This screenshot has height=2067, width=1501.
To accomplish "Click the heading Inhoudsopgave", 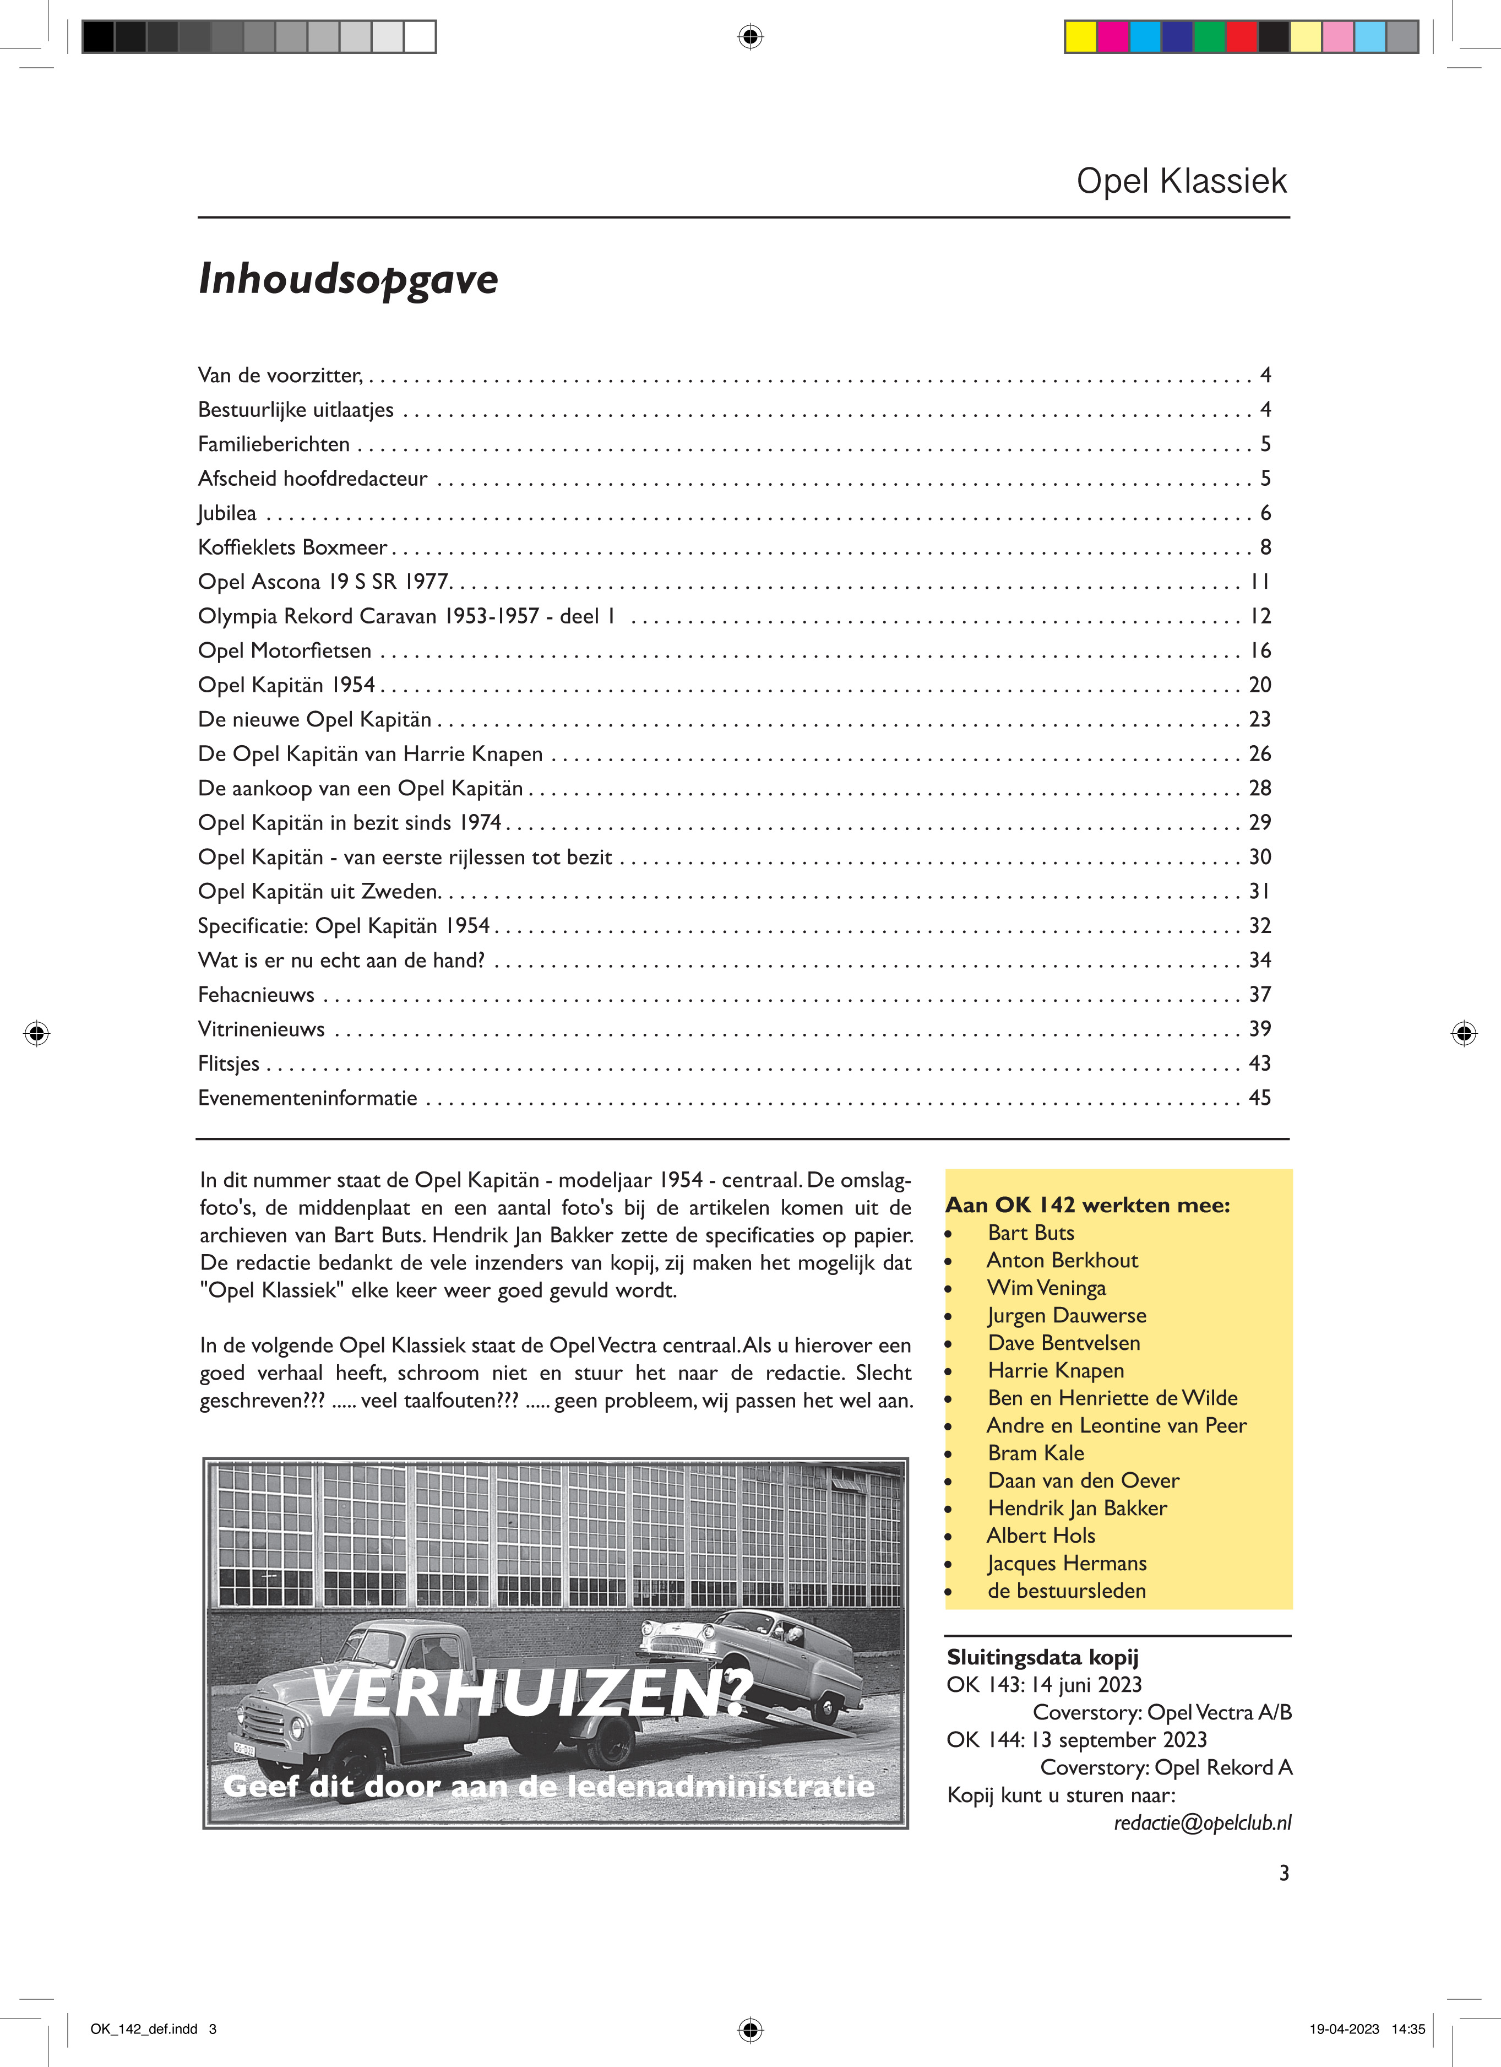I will coord(348,279).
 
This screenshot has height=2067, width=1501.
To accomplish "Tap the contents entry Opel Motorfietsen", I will coord(284,651).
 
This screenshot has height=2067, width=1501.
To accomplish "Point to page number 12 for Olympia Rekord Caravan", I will coord(1259,616).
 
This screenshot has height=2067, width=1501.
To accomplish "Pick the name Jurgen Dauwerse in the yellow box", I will coord(1067,1315).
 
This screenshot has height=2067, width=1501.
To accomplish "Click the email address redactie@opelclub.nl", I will coord(1202,1823).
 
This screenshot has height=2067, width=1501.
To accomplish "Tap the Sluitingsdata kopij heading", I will coord(1042,1657).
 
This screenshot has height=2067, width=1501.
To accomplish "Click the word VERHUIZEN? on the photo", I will coord(533,1694).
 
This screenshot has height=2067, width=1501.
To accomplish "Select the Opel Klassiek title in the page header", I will coord(1181,181).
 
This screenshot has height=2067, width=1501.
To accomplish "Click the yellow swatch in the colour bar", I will coord(1081,36).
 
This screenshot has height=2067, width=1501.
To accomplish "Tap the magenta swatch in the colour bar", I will coord(1113,36).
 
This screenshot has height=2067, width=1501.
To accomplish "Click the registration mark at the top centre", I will coord(749,36).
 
